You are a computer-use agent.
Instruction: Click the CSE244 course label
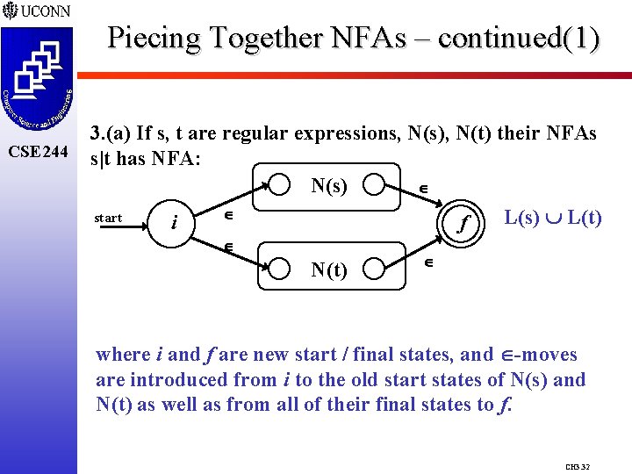[x=37, y=152]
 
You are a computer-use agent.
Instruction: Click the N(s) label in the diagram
[x=329, y=185]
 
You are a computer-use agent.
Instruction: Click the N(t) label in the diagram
[x=329, y=270]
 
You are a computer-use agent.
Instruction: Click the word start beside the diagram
[x=108, y=218]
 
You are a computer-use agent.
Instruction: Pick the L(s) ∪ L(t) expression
[x=552, y=217]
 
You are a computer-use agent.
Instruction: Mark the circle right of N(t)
[x=377, y=270]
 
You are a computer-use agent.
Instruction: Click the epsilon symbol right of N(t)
[x=429, y=261]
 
